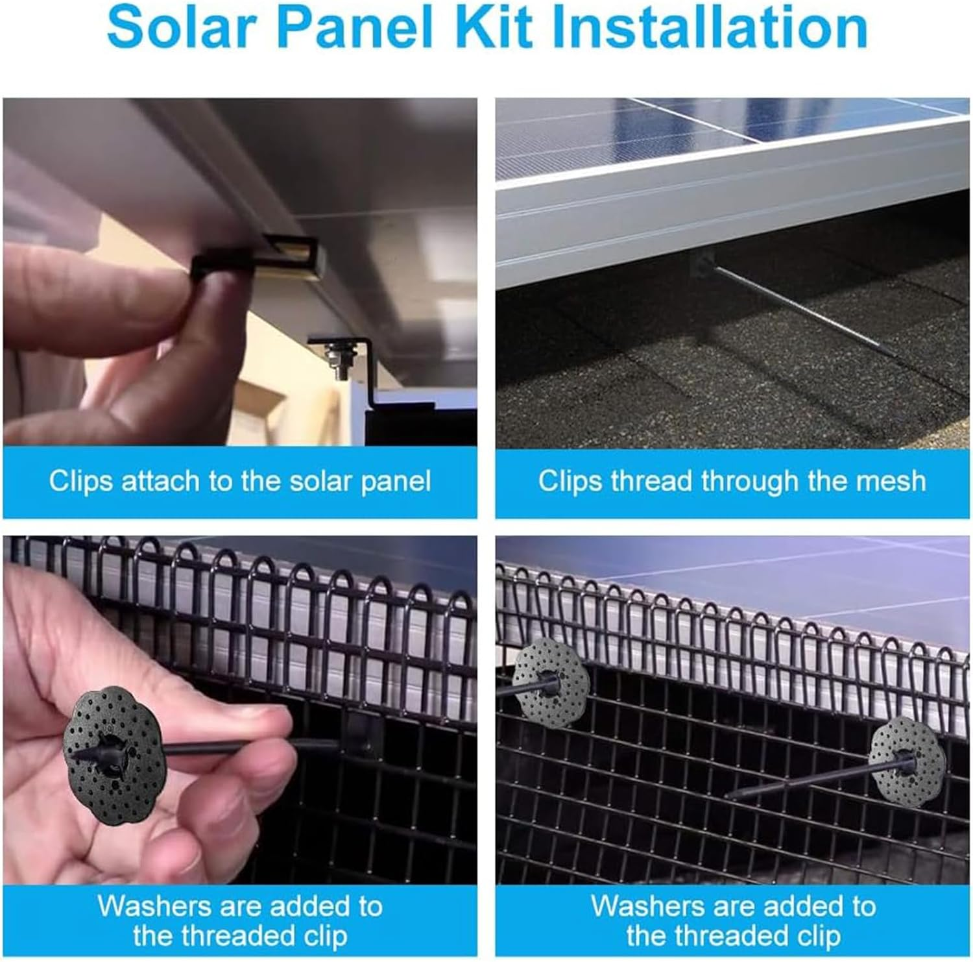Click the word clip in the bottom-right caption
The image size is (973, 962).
click(817, 936)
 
